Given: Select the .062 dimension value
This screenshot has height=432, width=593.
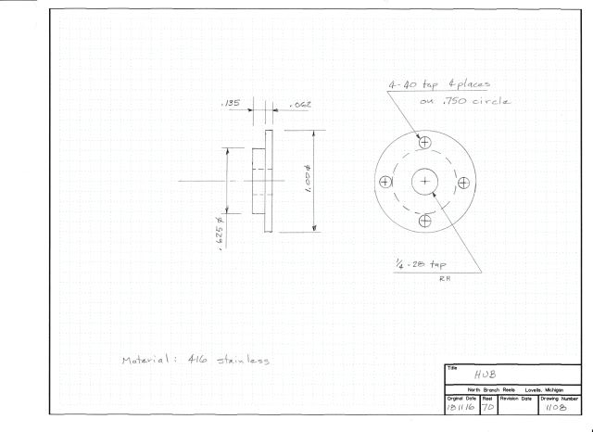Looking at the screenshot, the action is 300,105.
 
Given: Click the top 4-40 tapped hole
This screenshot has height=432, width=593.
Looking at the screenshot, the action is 424,143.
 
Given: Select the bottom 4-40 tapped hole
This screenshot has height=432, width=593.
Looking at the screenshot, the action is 425,221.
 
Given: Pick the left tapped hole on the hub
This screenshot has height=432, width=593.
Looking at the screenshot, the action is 385,183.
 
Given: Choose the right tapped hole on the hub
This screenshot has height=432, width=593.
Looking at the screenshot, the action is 463,184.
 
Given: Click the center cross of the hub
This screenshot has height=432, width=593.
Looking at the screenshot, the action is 424,182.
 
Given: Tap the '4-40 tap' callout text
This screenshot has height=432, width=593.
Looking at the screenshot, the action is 413,84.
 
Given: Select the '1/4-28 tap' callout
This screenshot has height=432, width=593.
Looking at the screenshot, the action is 421,264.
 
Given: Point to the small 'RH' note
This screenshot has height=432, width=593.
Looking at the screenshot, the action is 444,279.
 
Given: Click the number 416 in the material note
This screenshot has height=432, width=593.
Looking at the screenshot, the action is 197,360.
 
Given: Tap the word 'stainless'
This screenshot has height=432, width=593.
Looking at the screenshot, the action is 243,360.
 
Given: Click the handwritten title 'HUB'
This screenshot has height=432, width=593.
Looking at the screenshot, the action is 485,375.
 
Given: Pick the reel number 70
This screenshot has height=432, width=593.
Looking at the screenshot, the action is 488,408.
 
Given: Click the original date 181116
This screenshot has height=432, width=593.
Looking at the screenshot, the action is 461,408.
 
